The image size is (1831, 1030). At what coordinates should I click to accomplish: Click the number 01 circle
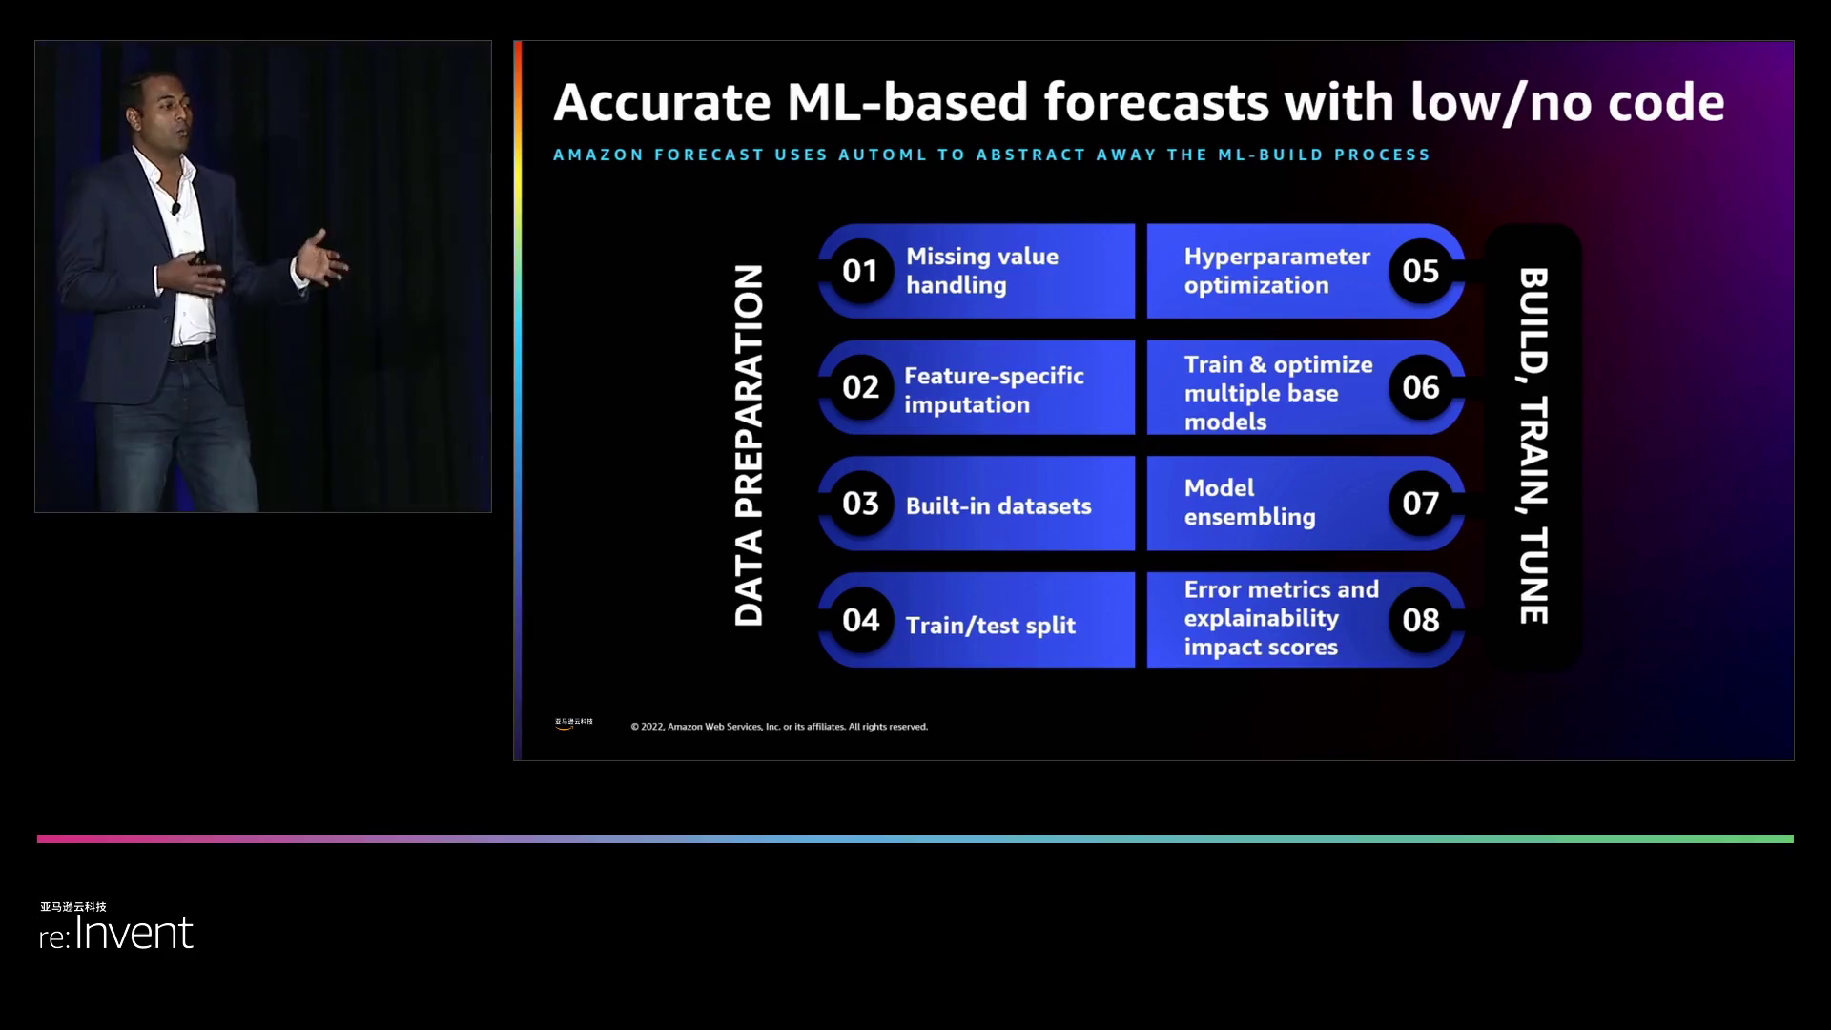(860, 271)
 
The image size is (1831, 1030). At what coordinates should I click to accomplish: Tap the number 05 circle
(1420, 271)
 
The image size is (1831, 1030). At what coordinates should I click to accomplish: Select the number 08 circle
(1420, 620)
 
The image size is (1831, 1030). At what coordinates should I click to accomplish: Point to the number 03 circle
(860, 504)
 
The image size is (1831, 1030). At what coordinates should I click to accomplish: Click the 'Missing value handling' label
(982, 271)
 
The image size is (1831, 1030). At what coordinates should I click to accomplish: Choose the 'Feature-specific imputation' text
(994, 390)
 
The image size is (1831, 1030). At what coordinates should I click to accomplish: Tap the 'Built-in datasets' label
(998, 505)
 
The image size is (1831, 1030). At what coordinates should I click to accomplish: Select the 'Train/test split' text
(990, 625)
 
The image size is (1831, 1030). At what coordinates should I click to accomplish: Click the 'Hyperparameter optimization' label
(1277, 271)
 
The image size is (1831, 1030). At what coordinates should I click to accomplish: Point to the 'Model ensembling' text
(1249, 503)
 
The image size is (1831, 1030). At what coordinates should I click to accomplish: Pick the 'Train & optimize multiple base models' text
(1278, 393)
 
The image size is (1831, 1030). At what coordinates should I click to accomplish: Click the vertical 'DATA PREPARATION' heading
(749, 445)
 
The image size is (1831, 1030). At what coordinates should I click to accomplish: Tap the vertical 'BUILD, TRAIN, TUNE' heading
(1533, 445)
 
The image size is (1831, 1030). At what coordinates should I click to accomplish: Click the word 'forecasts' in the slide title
(1157, 102)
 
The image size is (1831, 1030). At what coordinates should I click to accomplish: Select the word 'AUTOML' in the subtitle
(882, 154)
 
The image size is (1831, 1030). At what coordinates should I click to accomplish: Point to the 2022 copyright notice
(779, 727)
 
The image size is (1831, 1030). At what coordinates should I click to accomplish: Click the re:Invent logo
(116, 926)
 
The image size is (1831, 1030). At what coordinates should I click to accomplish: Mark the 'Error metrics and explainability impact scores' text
(1281, 618)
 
